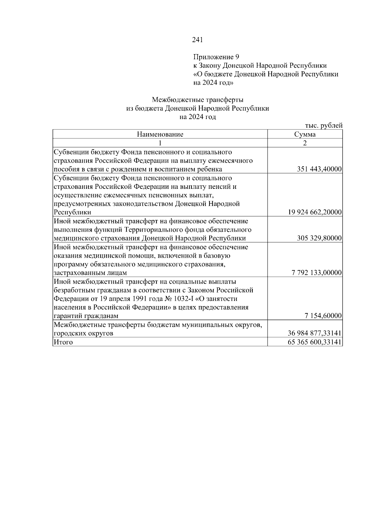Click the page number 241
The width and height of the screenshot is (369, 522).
click(x=197, y=40)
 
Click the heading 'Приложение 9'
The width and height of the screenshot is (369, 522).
click(x=216, y=57)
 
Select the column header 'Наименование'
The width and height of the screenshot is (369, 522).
click(x=160, y=134)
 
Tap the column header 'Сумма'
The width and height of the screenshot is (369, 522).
click(x=305, y=134)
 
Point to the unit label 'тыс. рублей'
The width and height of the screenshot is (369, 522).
click(x=323, y=126)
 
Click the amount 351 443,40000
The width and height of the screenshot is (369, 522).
click(x=319, y=169)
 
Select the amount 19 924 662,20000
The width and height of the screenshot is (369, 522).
click(x=315, y=213)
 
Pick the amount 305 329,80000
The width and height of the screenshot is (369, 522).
click(x=319, y=238)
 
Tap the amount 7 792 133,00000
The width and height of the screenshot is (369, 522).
click(x=317, y=273)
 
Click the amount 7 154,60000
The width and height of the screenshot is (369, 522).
click(x=323, y=316)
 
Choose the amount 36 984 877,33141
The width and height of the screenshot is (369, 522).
click(x=315, y=333)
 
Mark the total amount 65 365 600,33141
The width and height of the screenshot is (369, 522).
click(x=315, y=342)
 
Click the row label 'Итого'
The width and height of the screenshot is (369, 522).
click(x=63, y=342)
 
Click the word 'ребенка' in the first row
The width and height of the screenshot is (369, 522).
click(x=210, y=169)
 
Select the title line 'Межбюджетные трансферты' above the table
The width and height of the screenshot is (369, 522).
click(x=197, y=100)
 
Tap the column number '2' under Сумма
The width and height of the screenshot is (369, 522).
click(x=305, y=143)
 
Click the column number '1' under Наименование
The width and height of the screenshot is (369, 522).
click(x=160, y=143)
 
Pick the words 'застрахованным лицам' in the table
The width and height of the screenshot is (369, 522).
click(x=90, y=273)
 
